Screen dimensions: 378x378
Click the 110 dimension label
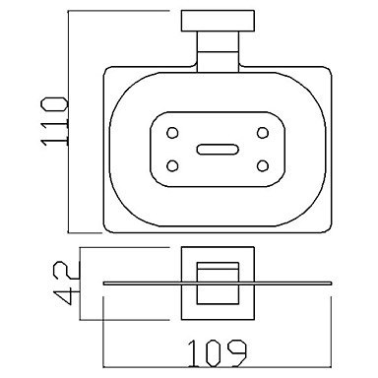click(x=54, y=121)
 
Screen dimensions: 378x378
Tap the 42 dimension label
click(x=67, y=283)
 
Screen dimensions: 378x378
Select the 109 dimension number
click(x=217, y=353)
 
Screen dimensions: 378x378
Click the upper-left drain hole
click(x=172, y=133)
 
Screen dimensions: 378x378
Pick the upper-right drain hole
click(x=263, y=133)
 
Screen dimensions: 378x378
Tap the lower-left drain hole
click(x=172, y=165)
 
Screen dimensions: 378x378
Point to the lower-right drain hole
click(x=263, y=165)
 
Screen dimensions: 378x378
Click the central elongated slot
click(x=218, y=150)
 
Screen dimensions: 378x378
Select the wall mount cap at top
click(x=218, y=21)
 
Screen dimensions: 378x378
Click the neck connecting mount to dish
click(x=218, y=52)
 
